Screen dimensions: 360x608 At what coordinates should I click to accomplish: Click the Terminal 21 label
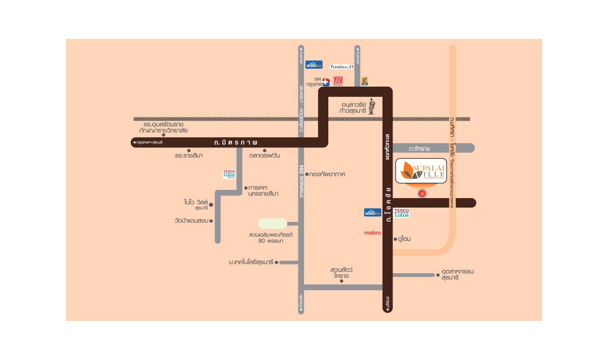[345, 66]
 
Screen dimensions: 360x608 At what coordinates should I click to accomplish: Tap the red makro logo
[372, 233]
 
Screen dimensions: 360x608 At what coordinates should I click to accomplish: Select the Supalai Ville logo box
[422, 171]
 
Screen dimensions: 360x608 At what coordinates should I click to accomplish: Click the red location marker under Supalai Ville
[422, 193]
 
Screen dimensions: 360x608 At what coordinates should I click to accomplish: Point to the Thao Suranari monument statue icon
[371, 106]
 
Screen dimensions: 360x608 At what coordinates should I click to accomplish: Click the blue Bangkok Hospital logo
[326, 82]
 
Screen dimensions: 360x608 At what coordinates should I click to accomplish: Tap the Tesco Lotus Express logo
[229, 174]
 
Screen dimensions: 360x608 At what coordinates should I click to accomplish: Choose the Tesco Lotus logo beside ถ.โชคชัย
[401, 213]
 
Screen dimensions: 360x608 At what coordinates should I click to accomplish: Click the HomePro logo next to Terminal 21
[314, 64]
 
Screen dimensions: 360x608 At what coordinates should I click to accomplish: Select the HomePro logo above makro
[372, 213]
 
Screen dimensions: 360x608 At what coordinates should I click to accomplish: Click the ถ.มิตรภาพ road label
[236, 142]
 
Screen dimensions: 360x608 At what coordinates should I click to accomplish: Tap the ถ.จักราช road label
[420, 148]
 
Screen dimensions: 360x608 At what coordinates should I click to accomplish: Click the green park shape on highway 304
[273, 223]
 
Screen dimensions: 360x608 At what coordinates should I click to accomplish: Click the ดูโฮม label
[404, 238]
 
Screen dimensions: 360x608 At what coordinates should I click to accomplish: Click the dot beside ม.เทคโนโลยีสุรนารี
[277, 262]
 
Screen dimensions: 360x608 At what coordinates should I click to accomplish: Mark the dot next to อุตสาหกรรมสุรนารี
[438, 275]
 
